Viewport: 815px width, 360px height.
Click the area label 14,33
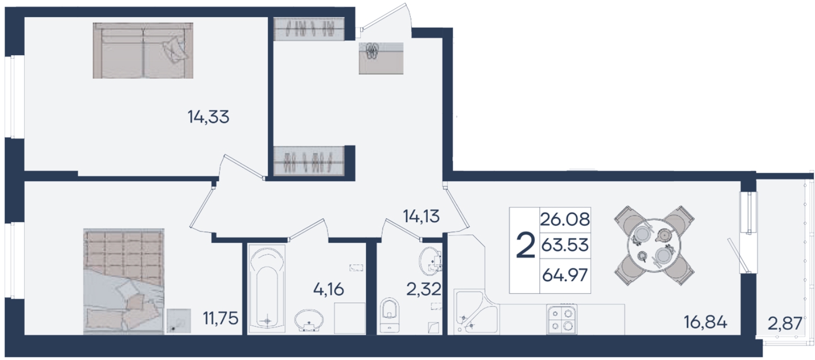pos(208,117)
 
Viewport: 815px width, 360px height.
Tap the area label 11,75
pos(221,319)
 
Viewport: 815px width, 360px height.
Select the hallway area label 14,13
pos(421,216)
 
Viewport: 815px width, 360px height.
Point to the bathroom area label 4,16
pos(329,290)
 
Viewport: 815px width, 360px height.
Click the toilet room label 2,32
pos(424,290)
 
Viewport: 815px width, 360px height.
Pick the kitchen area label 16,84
pos(705,322)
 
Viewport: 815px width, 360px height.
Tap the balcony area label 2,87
pos(785,323)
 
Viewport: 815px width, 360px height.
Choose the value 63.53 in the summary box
pos(565,245)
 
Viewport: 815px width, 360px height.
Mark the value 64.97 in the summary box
pos(565,275)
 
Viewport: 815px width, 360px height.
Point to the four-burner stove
pos(562,319)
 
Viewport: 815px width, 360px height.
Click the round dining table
pos(654,246)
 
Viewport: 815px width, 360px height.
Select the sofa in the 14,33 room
pos(143,50)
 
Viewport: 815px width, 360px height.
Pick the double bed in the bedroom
pos(124,281)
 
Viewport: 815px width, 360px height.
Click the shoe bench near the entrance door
pos(381,59)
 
